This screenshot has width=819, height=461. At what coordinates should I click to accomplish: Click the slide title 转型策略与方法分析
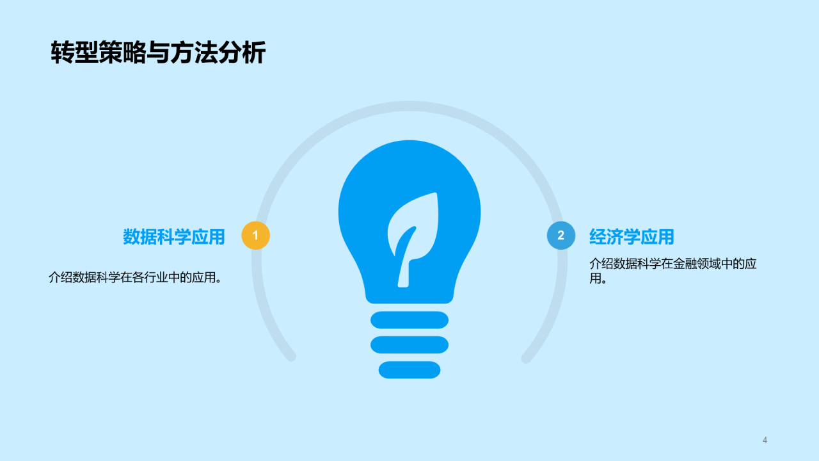tap(158, 53)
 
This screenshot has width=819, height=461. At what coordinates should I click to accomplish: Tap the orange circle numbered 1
tap(255, 236)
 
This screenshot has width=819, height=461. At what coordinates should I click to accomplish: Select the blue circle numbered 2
tap(561, 236)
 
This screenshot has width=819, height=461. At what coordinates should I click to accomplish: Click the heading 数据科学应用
tap(174, 237)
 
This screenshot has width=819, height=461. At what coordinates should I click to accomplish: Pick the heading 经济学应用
tap(632, 237)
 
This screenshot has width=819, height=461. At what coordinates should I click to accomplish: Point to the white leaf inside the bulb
tap(415, 227)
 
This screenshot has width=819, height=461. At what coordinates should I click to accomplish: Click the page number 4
tap(765, 440)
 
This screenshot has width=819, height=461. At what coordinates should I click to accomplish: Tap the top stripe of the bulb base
tap(409, 319)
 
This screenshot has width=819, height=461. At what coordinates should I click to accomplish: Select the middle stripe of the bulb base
tap(409, 344)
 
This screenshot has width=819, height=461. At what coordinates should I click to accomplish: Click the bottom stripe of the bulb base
tap(409, 369)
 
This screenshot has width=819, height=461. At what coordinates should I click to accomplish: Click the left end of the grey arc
tap(291, 357)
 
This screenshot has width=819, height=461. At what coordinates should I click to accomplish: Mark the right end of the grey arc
tap(526, 358)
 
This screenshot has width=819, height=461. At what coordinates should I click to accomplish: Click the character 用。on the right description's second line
tap(598, 279)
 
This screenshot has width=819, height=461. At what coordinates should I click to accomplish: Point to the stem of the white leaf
tap(404, 269)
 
